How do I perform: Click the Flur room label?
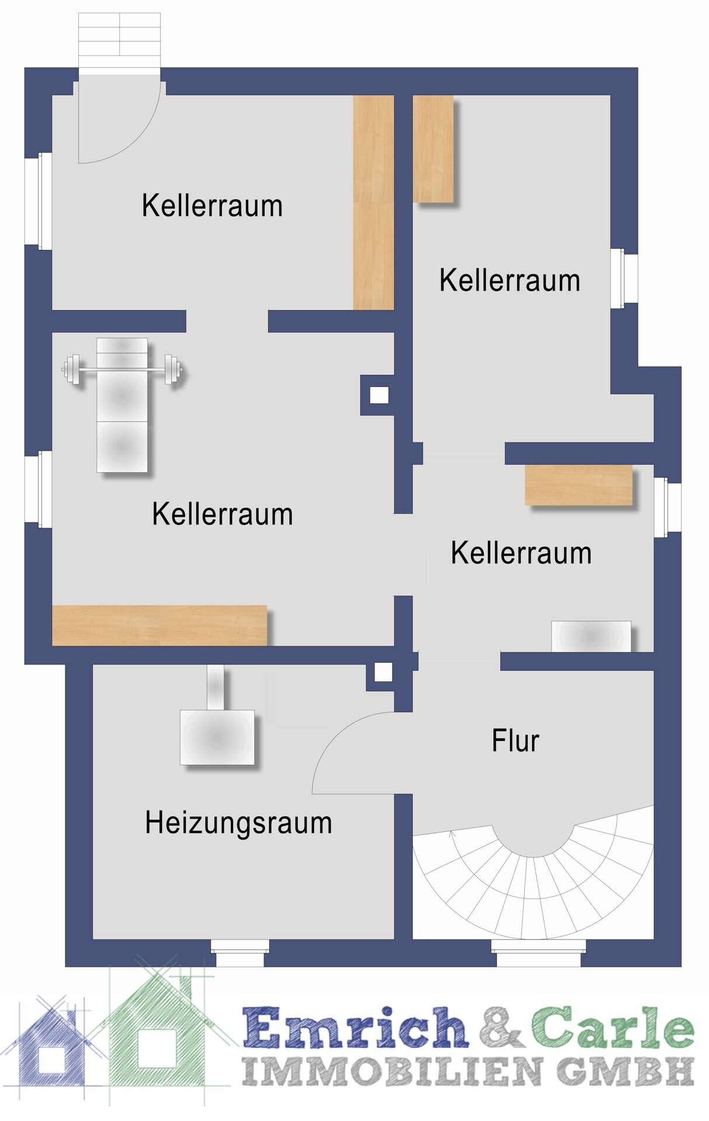515,740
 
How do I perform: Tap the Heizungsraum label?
238,823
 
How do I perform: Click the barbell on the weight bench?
121,370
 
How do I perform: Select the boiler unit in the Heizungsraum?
217,737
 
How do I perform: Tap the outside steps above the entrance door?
119,34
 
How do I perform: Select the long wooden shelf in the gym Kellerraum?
159,625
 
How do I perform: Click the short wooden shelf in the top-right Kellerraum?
433,149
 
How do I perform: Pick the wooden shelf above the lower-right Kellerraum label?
579,485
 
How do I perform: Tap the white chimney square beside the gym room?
379,395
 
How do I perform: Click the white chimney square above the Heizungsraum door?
383,673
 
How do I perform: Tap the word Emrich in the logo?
355,1027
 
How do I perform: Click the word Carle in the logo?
613,1027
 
